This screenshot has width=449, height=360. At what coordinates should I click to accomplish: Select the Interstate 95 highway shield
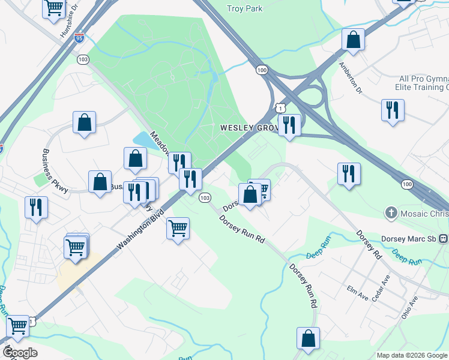coord(80,37)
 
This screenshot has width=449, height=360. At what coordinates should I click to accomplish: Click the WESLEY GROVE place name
coord(247,128)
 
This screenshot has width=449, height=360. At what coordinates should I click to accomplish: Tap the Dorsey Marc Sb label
coord(411,238)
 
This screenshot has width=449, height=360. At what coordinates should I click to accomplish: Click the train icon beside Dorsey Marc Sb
coord(443,238)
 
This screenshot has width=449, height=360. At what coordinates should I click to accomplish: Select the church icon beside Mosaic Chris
coord(391,212)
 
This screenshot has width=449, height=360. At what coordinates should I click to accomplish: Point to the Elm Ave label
coord(357,292)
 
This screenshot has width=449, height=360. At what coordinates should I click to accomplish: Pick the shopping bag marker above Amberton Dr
coord(354,40)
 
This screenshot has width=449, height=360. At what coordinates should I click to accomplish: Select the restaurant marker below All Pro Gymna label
coord(393,110)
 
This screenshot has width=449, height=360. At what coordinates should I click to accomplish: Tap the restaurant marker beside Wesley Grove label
coord(289,125)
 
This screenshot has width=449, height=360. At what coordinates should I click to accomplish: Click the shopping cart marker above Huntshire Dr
coord(54,8)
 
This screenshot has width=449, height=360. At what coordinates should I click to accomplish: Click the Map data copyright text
coord(412,355)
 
